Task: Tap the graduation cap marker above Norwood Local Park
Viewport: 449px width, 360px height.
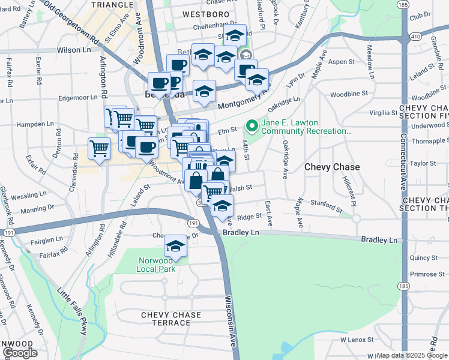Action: tap(176, 245)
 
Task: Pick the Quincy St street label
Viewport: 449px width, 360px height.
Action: tap(423, 257)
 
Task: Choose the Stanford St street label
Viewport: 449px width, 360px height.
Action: tap(327, 206)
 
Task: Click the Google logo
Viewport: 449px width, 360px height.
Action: tap(19, 353)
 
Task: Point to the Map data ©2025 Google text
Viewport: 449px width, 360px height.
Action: tap(412, 355)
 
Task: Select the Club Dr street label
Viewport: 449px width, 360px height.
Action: tap(420, 16)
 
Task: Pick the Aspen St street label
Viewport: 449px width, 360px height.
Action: tap(342, 62)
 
